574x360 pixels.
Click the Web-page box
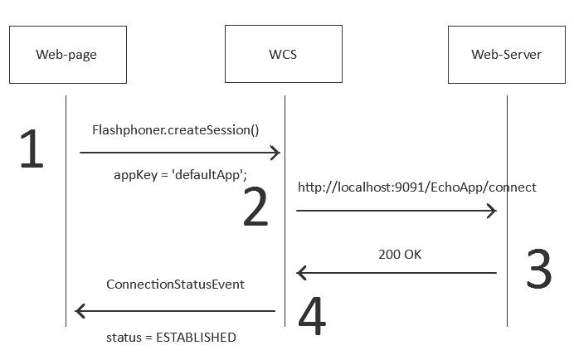[x=66, y=55]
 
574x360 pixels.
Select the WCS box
[x=283, y=55]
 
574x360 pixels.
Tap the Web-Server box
[x=506, y=55]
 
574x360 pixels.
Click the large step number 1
[x=31, y=150]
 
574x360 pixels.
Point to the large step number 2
[x=255, y=208]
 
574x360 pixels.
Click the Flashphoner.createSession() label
[x=175, y=130]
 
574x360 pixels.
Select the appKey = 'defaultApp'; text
[x=180, y=175]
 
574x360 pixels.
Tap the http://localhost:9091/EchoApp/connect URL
[x=417, y=187]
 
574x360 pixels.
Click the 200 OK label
[x=400, y=255]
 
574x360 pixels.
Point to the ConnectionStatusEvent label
[x=175, y=285]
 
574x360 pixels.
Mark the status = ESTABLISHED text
[x=171, y=338]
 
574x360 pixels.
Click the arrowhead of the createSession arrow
[x=276, y=153]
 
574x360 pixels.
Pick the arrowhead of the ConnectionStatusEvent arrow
[x=80, y=311]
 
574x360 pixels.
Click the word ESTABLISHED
[x=196, y=338]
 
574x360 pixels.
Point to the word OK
[x=412, y=255]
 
